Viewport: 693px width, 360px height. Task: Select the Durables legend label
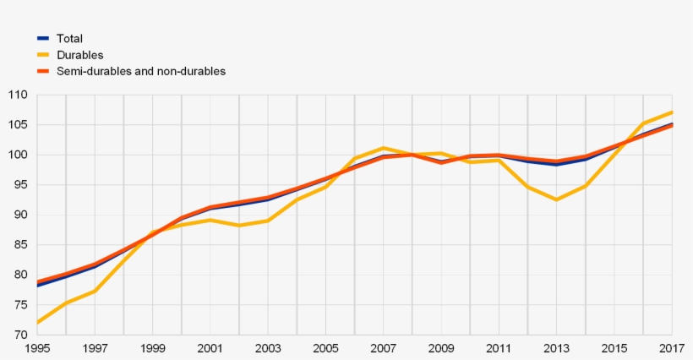click(x=79, y=55)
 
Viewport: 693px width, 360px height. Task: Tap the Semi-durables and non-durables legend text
click(x=141, y=71)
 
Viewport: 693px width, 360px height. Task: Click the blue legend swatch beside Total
click(x=43, y=38)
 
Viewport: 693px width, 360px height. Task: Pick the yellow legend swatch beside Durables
click(x=43, y=55)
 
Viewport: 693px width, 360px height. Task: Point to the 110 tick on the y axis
click(x=18, y=95)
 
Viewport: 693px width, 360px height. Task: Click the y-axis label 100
click(x=18, y=155)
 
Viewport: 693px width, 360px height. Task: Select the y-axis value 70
click(x=20, y=335)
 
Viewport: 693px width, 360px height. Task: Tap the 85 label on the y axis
click(x=20, y=245)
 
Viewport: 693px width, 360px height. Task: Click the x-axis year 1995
click(x=37, y=348)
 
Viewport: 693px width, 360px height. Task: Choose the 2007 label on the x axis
click(x=383, y=348)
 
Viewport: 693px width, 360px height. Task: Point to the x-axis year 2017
click(x=671, y=348)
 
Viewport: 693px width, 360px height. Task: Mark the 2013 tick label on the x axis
click(x=556, y=348)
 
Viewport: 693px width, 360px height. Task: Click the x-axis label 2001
click(x=210, y=348)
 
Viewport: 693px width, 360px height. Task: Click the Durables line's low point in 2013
click(x=556, y=199)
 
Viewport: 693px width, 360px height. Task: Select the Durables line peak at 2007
click(x=383, y=148)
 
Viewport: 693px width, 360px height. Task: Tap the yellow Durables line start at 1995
click(x=38, y=322)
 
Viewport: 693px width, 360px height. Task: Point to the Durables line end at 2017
click(x=672, y=112)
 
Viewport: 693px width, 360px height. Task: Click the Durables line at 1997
click(x=95, y=291)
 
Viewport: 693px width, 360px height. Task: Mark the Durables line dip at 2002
click(x=239, y=226)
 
